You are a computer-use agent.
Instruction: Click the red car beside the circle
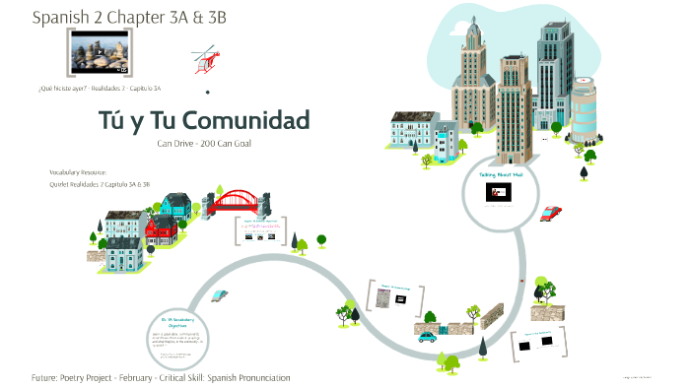coord(552,212)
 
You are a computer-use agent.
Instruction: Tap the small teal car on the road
coord(427,336)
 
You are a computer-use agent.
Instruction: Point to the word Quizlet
coord(61,184)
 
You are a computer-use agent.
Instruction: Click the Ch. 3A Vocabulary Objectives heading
coord(173,321)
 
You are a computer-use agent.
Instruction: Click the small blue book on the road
coord(221,294)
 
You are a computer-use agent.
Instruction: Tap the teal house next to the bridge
coord(177,204)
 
